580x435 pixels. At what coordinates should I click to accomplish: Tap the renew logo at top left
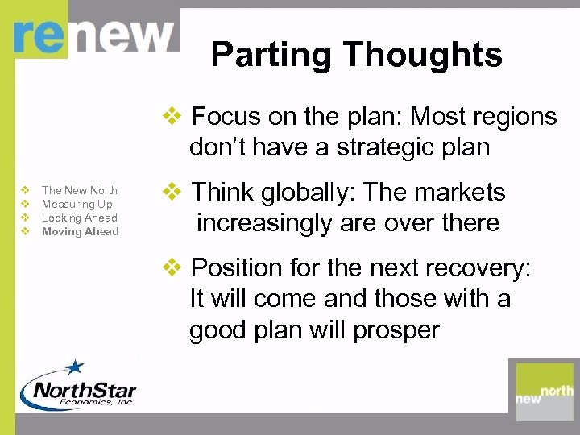click(x=93, y=35)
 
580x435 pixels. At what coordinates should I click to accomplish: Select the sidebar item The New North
click(x=80, y=190)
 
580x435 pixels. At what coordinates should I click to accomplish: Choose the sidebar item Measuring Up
click(x=77, y=204)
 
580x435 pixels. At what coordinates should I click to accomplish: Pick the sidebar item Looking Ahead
click(x=80, y=217)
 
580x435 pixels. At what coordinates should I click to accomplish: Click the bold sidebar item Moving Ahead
click(x=81, y=231)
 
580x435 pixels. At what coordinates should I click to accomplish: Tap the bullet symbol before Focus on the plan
click(x=173, y=117)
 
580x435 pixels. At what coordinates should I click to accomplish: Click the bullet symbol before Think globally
click(x=173, y=193)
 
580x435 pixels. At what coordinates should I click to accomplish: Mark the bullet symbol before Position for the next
click(x=173, y=267)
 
